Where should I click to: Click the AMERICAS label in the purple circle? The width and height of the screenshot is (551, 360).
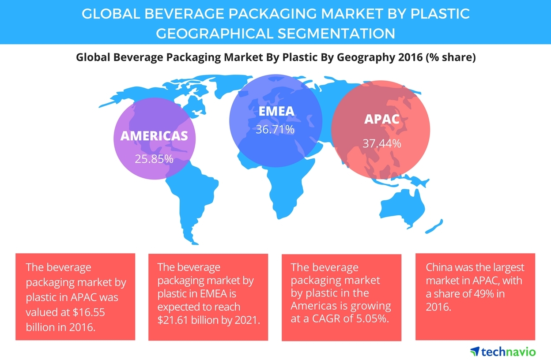coord(154,135)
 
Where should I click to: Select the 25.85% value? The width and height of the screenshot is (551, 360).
coord(154,158)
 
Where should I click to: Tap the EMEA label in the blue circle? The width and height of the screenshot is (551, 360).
coord(277,111)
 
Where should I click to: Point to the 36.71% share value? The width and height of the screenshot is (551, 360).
coord(275,130)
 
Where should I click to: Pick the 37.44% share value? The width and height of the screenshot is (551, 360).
coord(382,143)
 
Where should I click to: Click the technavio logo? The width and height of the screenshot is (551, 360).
coord(503,351)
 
